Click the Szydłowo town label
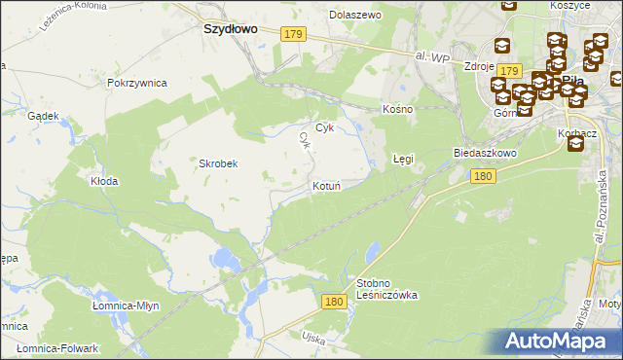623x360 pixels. click(230, 29)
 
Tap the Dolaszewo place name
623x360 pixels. click(355, 15)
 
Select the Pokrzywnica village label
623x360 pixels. click(138, 83)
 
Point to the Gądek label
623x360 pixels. click(44, 115)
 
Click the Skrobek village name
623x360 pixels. click(219, 163)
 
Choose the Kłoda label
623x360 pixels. click(104, 181)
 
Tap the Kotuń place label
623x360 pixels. click(326, 185)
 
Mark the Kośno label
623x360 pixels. click(398, 109)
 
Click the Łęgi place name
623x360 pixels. click(403, 158)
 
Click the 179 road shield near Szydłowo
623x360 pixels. click(295, 34)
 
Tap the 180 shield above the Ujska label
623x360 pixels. click(334, 303)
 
